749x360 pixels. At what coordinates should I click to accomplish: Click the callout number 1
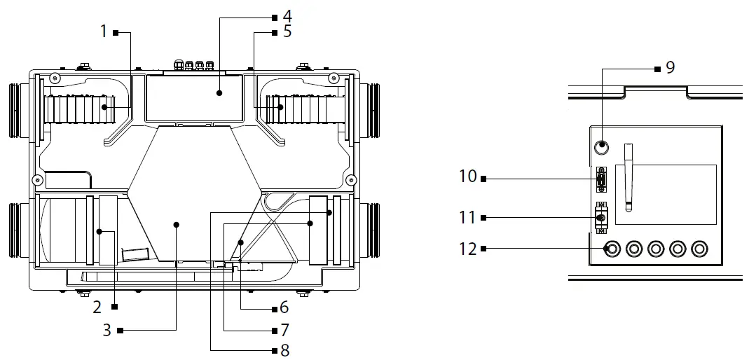click(x=104, y=32)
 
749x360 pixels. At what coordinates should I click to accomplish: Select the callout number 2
click(x=97, y=306)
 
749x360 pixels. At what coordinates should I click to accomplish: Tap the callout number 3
click(x=106, y=329)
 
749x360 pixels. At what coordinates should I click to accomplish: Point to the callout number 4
click(x=287, y=15)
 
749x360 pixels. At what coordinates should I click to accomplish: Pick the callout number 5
click(x=287, y=32)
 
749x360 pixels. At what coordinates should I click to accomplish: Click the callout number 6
click(x=284, y=307)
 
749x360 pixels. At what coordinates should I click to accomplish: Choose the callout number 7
click(x=284, y=328)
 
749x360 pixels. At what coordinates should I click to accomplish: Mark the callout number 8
click(x=284, y=350)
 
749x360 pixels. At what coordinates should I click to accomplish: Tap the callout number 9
click(x=670, y=67)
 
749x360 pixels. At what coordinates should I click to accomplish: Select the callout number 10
click(x=467, y=176)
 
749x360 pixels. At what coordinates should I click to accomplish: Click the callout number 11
click(x=467, y=218)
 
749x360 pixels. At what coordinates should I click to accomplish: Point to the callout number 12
click(x=467, y=248)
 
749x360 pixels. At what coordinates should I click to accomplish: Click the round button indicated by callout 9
click(x=601, y=148)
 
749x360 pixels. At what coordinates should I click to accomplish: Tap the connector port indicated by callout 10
click(x=600, y=180)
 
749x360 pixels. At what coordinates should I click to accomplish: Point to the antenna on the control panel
click(x=628, y=176)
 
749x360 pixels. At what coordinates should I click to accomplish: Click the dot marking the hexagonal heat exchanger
click(x=176, y=224)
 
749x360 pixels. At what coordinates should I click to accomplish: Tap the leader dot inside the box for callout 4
click(x=219, y=92)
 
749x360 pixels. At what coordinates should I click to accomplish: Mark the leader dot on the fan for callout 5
click(x=280, y=107)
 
